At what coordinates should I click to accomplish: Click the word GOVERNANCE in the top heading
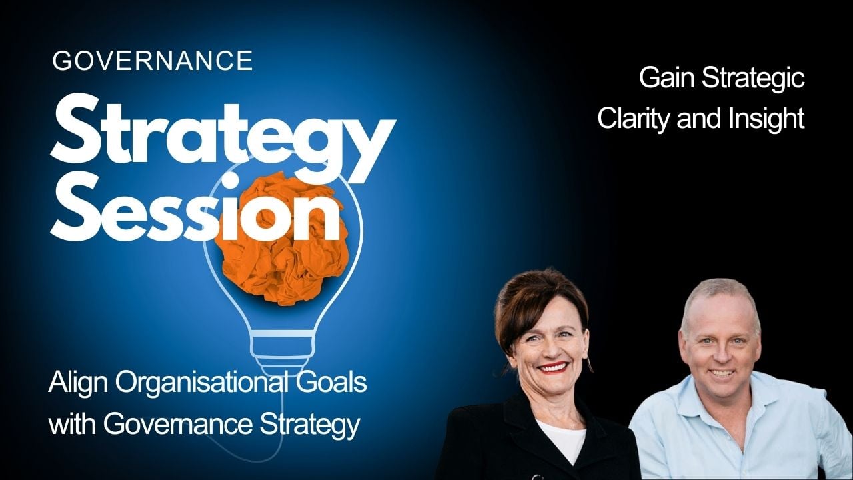tap(153, 61)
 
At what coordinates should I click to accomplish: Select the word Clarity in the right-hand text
tap(634, 119)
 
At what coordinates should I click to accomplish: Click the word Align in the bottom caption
tap(75, 385)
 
